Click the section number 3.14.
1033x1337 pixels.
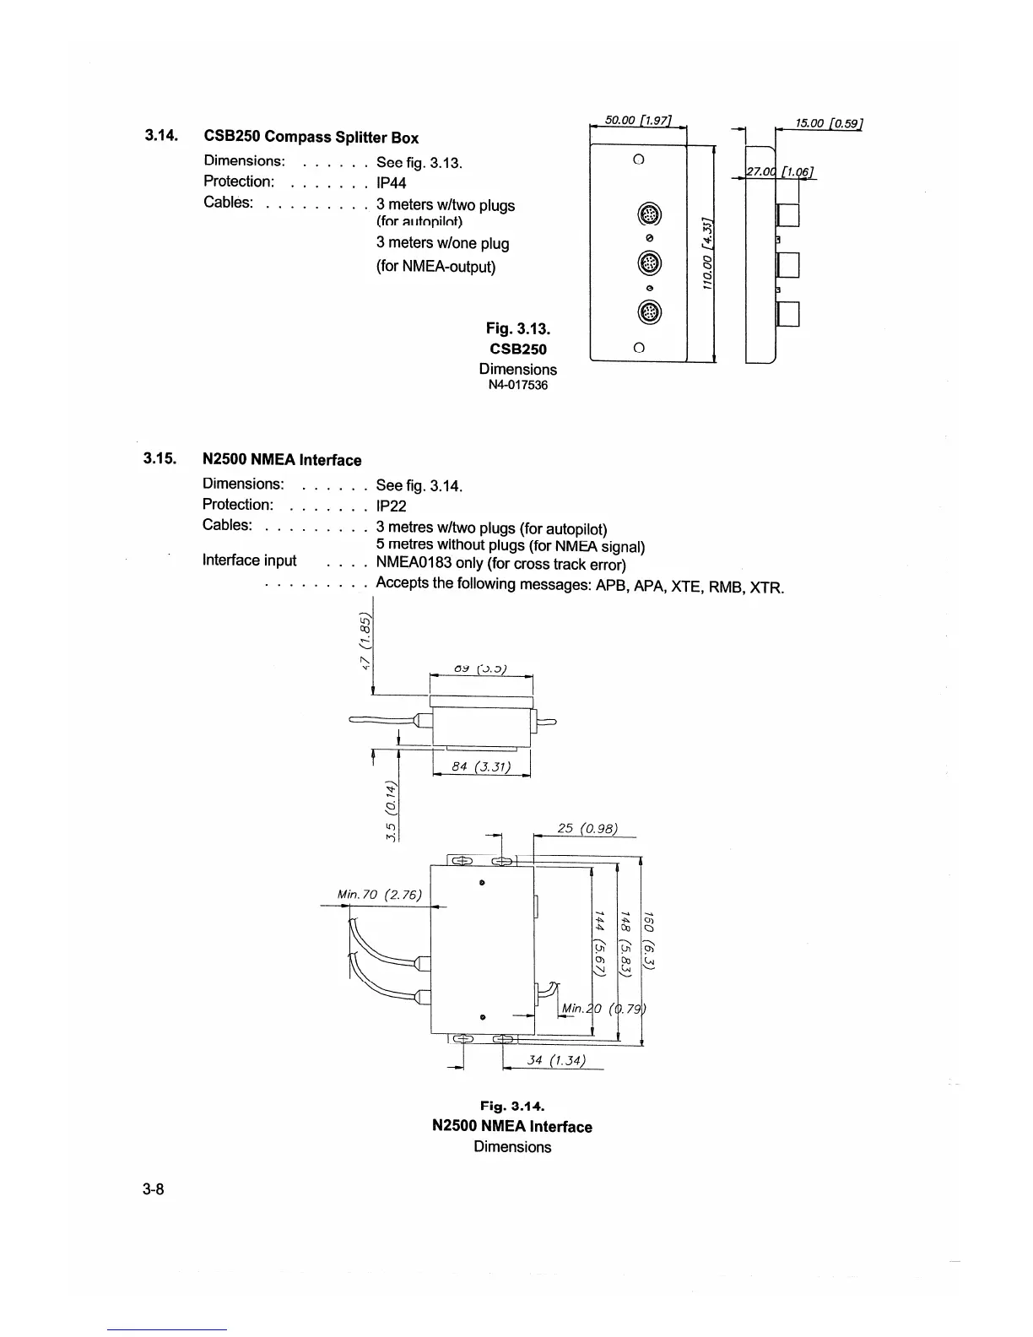point(160,135)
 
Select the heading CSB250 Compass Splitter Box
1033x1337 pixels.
point(311,138)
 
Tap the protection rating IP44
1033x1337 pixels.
point(392,183)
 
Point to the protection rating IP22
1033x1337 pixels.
point(391,506)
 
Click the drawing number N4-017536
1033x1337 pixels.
point(517,386)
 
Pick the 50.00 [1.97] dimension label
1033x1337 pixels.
point(639,120)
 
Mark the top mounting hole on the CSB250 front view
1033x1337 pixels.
point(639,160)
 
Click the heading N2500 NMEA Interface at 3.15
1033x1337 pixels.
point(282,460)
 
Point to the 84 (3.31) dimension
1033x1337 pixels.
point(479,767)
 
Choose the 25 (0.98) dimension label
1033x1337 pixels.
point(588,829)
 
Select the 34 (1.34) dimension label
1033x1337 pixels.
point(555,1060)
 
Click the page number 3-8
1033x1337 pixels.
point(154,1190)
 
